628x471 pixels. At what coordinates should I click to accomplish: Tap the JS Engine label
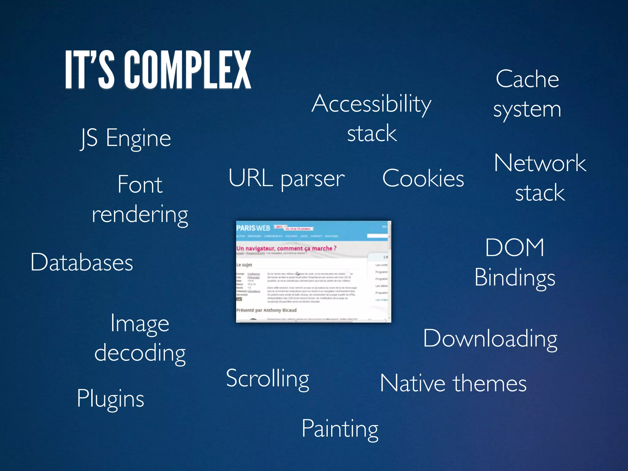125,138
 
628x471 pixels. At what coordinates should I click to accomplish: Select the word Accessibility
371,104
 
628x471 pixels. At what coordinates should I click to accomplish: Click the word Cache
527,79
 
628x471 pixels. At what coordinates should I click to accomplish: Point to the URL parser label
286,178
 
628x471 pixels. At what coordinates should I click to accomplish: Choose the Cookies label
423,178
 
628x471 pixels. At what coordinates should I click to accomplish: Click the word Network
540,163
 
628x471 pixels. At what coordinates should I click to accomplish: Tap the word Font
140,185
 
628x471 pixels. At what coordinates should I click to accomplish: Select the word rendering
140,215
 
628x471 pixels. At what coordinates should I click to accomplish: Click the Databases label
82,262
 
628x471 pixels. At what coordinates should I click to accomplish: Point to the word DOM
515,247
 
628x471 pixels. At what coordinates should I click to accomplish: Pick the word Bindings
515,278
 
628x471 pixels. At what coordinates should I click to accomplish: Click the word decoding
140,353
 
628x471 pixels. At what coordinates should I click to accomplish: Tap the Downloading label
490,339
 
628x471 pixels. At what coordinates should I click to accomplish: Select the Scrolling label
267,378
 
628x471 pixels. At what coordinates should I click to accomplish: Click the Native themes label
453,383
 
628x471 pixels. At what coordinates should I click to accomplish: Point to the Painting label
340,429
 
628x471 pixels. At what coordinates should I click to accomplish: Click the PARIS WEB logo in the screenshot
253,228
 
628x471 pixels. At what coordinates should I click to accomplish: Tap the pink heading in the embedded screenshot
286,248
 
